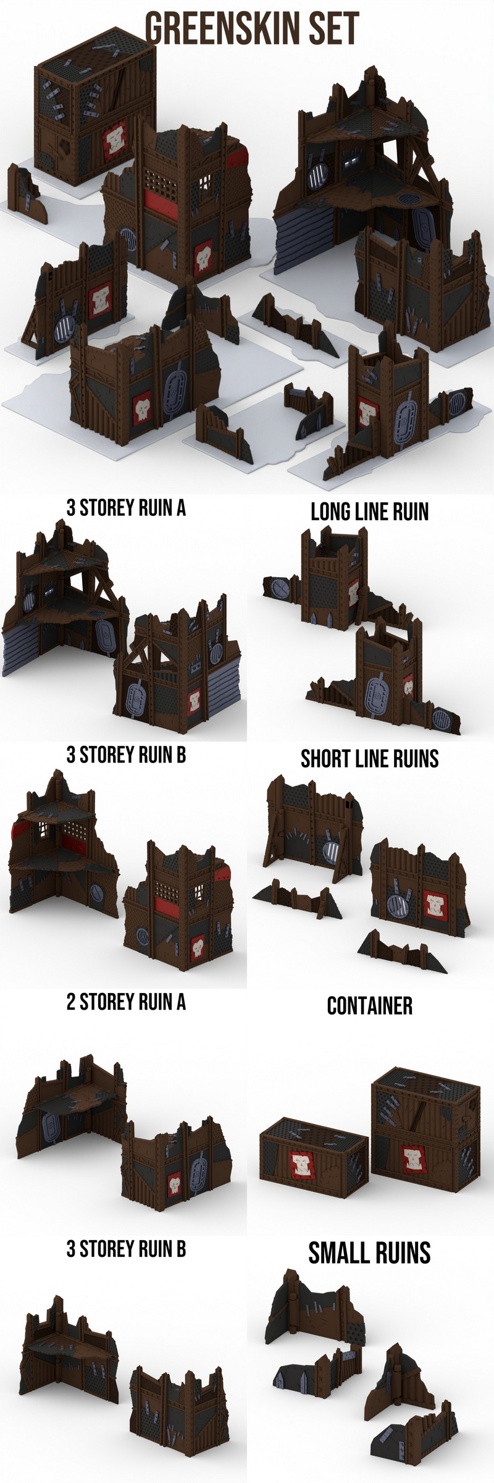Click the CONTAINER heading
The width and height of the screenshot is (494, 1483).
[x=369, y=1006]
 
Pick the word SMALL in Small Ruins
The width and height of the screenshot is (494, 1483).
[x=334, y=1253]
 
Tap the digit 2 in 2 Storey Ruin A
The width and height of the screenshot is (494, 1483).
[x=71, y=1002]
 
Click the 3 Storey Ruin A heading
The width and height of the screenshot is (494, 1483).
[x=126, y=508]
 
